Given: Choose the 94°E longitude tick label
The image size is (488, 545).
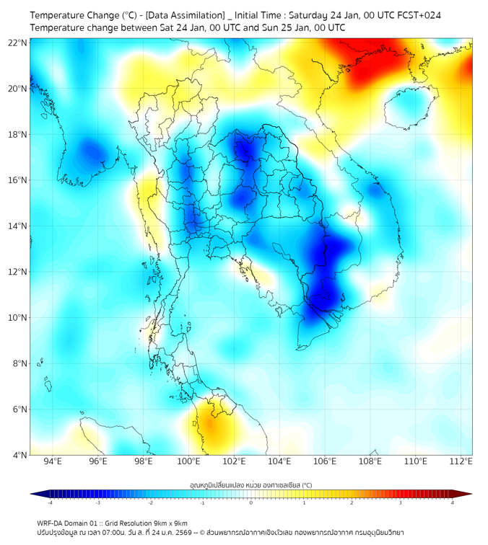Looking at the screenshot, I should click(53, 461).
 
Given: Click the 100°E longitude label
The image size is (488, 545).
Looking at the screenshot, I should click(188, 461).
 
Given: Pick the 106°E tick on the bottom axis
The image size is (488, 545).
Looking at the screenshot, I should click(325, 461).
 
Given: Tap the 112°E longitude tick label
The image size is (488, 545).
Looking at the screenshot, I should click(461, 461).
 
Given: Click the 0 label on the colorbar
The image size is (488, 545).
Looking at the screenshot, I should click(251, 502).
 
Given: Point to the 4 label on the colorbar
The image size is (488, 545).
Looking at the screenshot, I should click(453, 502).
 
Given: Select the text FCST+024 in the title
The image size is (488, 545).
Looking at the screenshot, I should click(419, 14).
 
